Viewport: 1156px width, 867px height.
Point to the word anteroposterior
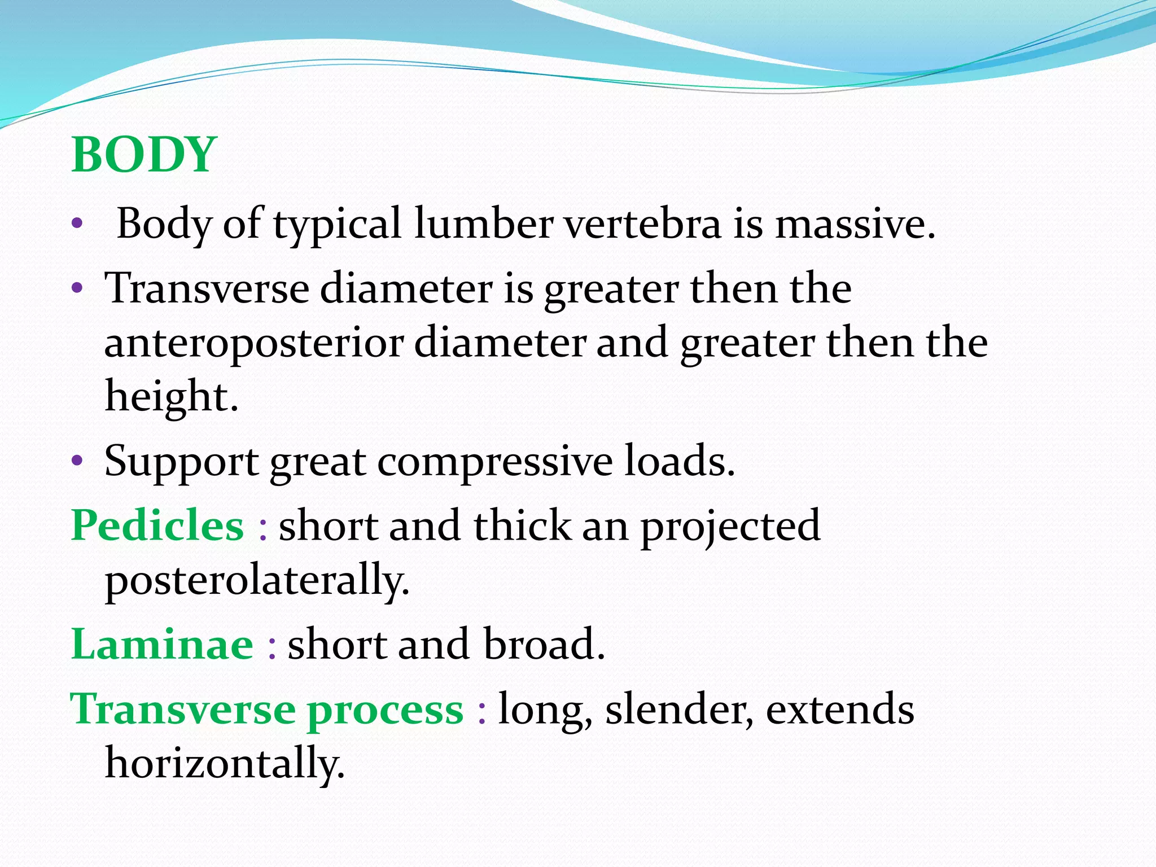coord(253,343)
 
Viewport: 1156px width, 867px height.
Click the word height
coord(172,396)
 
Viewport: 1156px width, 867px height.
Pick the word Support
coord(181,462)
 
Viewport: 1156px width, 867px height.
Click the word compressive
coord(494,462)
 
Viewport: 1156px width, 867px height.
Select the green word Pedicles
coord(157,526)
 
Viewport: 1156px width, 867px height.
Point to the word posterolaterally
coord(257,580)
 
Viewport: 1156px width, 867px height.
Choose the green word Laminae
coord(162,645)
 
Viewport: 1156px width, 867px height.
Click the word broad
coord(544,645)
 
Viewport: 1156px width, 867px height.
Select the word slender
coord(679,710)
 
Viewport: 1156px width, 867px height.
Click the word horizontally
coord(225,763)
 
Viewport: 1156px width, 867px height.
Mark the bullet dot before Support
coord(77,462)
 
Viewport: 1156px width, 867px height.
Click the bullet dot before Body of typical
coord(77,225)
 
